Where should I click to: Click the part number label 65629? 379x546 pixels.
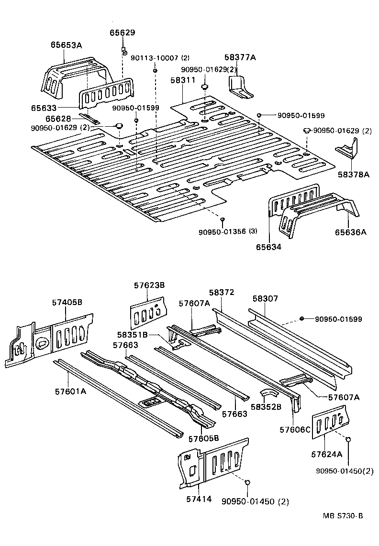123,33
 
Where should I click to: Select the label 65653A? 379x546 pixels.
67,45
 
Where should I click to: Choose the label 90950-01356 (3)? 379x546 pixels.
228,231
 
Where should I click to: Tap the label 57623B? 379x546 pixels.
149,285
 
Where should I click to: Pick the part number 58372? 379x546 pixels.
222,292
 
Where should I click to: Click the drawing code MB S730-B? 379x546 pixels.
343,515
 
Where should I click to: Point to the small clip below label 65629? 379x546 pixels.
123,50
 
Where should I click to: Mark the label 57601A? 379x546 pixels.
70,391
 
